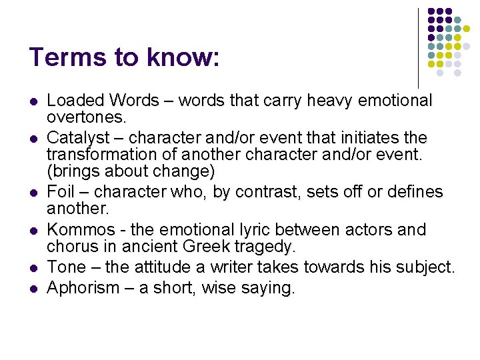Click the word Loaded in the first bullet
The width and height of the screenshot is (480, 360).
click(x=76, y=101)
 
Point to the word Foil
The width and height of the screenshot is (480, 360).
click(x=61, y=192)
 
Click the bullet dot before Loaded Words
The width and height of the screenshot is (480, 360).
click(x=33, y=102)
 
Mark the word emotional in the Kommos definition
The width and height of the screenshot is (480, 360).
click(x=192, y=229)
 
